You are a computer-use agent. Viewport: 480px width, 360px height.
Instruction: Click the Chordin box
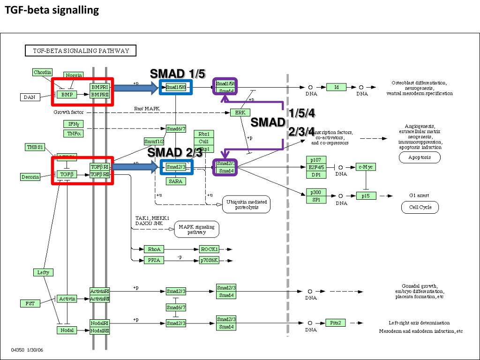coord(43,72)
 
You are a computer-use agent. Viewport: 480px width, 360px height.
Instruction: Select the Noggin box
coord(74,75)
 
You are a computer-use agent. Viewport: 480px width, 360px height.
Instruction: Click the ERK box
coord(240,112)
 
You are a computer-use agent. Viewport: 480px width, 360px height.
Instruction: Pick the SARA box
coord(176,181)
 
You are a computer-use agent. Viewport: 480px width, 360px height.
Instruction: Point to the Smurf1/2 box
coord(154,142)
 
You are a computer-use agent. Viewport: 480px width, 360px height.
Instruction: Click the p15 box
coord(366,196)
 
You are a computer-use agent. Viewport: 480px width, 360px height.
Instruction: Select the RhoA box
coord(154,249)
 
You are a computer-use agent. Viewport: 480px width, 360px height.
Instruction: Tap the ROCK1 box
coord(209,249)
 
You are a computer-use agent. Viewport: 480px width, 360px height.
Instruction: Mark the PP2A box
coord(154,260)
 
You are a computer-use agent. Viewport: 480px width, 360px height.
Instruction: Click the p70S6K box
coord(209,260)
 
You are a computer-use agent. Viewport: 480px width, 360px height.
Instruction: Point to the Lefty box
coord(43,272)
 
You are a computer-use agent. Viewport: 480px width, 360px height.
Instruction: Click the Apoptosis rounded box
coord(420,157)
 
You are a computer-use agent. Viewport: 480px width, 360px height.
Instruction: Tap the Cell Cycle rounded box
coord(420,207)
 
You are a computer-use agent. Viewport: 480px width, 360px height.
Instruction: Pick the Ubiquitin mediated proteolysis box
coord(247,204)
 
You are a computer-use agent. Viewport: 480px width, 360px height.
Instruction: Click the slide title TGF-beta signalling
coord(52,10)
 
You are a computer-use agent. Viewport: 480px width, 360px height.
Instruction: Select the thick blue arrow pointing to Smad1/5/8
coord(136,87)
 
